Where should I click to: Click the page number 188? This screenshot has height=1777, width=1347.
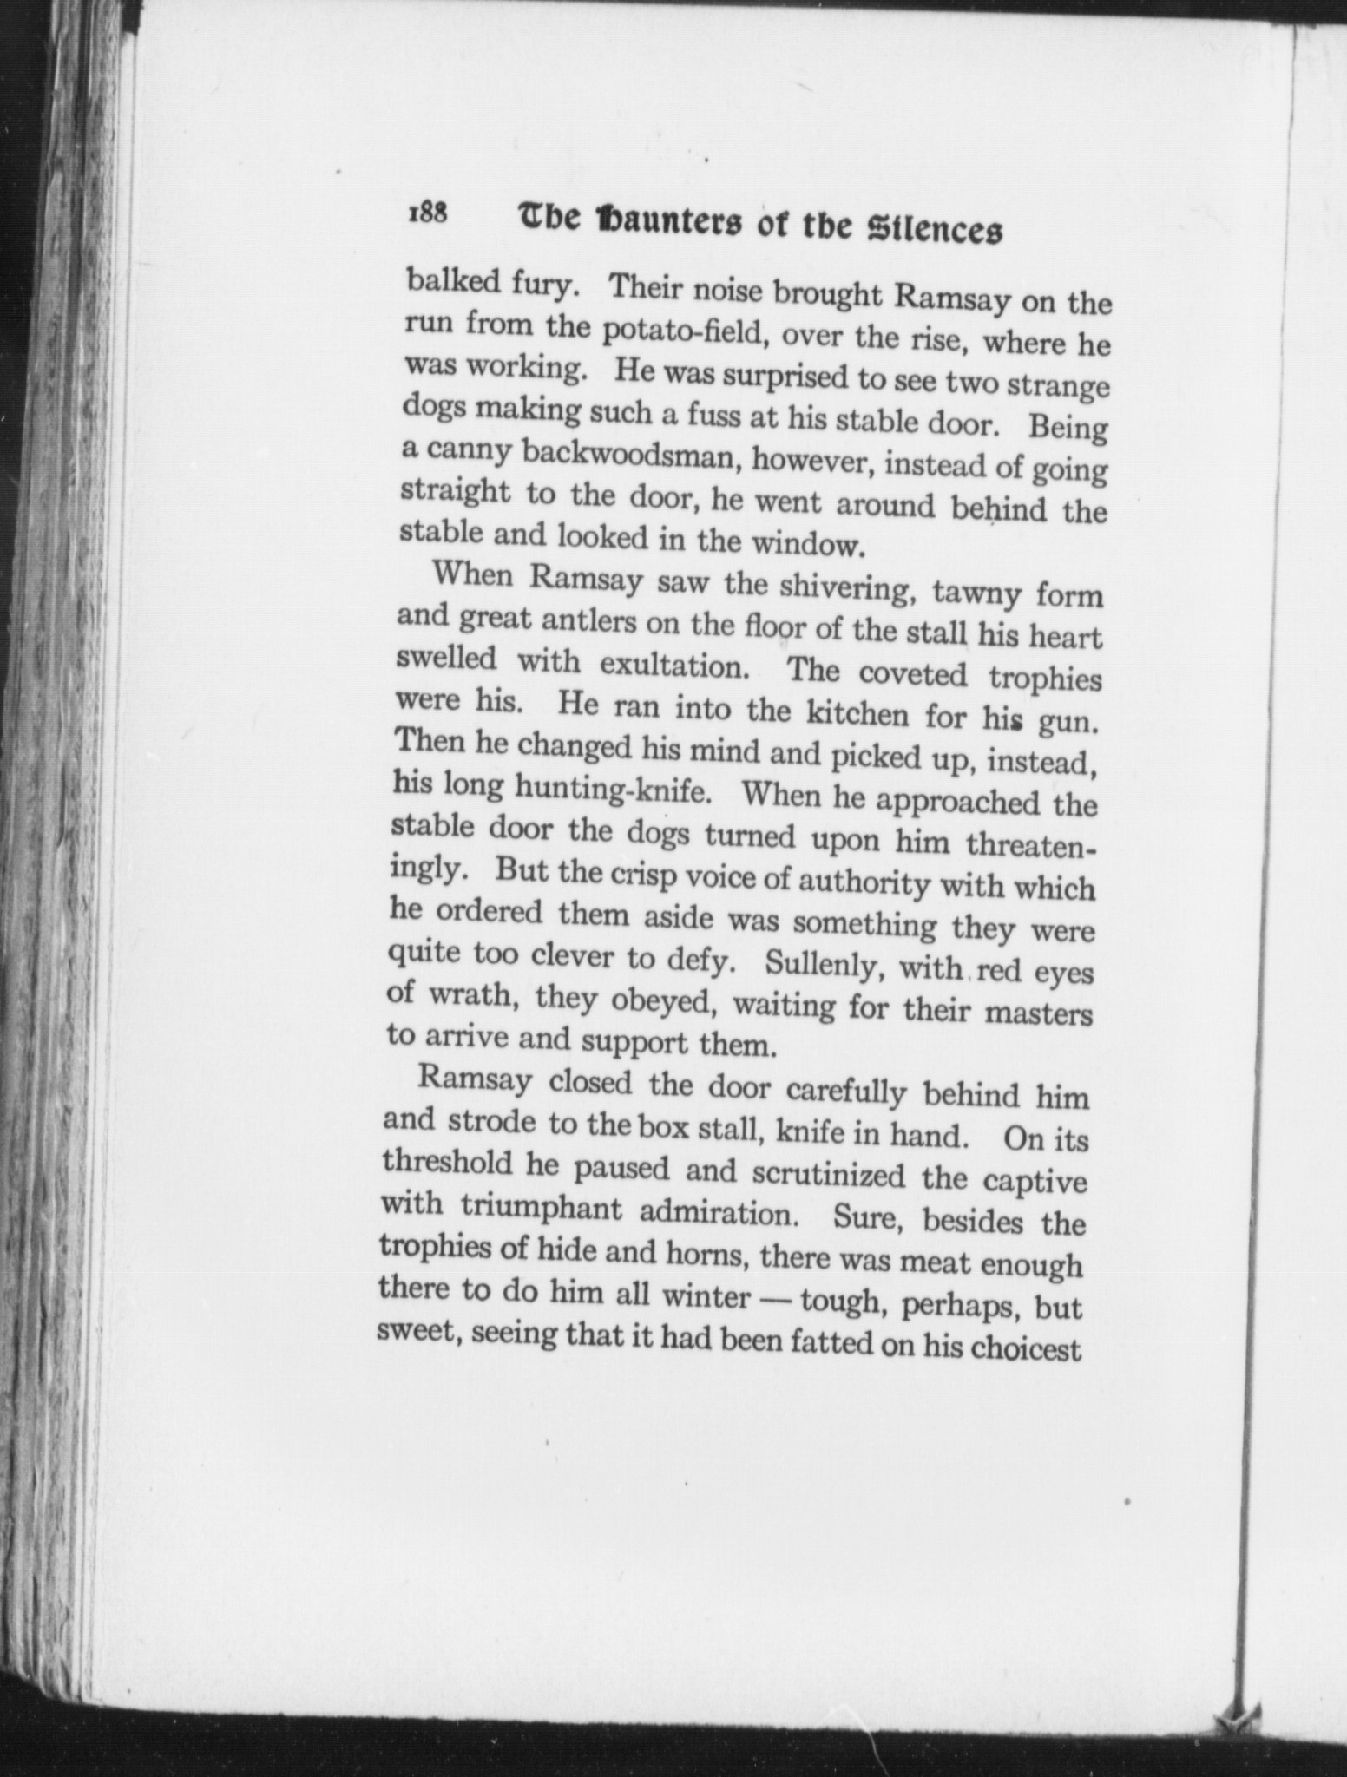pyautogui.click(x=426, y=213)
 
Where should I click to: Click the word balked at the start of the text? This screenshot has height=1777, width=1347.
pyautogui.click(x=448, y=281)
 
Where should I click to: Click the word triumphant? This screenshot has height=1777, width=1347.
pyautogui.click(x=540, y=1207)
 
